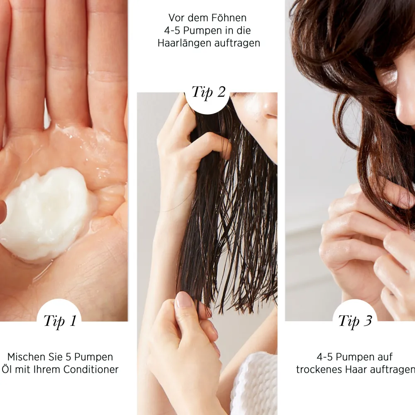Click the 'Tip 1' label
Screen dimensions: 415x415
point(60,321)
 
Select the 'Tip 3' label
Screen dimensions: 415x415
point(355,321)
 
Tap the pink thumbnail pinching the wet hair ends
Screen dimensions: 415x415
point(182,300)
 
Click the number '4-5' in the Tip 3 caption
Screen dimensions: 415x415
point(325,357)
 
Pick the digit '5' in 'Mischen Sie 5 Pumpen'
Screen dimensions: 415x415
point(68,357)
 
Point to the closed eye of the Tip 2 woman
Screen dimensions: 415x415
point(272,116)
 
